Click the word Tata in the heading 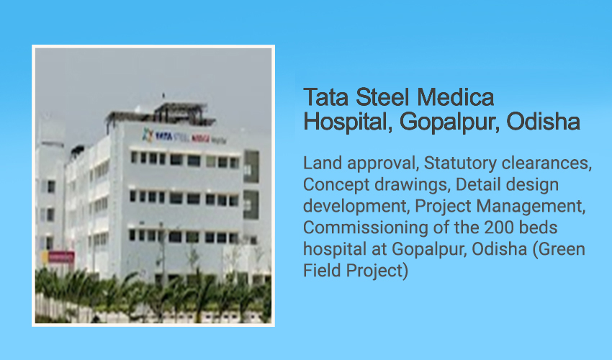coord(325,97)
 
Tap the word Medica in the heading coord(456,97)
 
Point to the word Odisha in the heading coord(543,122)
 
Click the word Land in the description coord(323,163)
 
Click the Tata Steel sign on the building coord(184,137)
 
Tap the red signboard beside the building coord(61,256)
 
